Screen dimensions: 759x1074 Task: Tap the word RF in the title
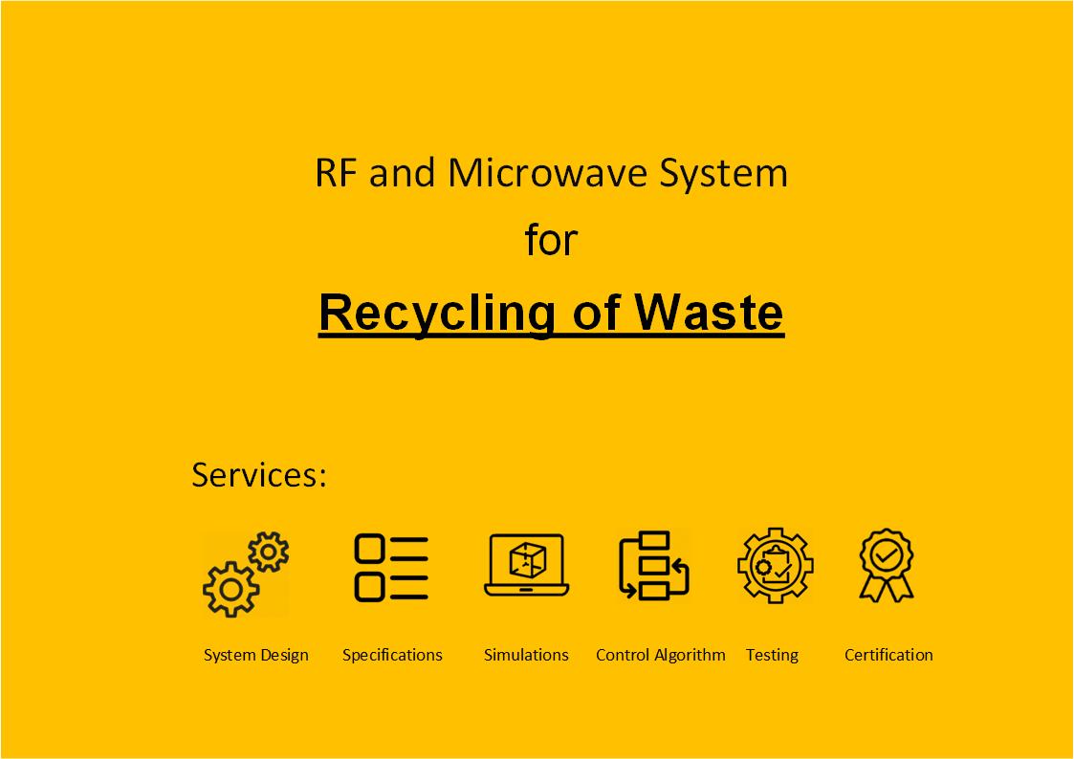pyautogui.click(x=336, y=174)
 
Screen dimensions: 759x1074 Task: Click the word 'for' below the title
pyautogui.click(x=551, y=241)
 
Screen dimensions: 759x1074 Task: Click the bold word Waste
pyautogui.click(x=709, y=313)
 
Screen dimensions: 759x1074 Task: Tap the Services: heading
pyautogui.click(x=259, y=475)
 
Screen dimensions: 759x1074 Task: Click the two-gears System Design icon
pyautogui.click(x=245, y=574)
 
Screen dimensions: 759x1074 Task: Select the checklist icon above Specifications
pyautogui.click(x=392, y=568)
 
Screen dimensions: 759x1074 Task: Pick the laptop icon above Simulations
pyautogui.click(x=526, y=565)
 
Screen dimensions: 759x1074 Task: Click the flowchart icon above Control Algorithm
pyautogui.click(x=655, y=565)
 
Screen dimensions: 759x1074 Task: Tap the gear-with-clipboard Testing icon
pyautogui.click(x=775, y=566)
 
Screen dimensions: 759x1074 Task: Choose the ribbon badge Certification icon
pyautogui.click(x=887, y=565)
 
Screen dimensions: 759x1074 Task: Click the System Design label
pyautogui.click(x=256, y=655)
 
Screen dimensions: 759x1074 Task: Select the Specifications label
pyautogui.click(x=392, y=655)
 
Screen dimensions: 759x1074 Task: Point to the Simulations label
pyautogui.click(x=526, y=655)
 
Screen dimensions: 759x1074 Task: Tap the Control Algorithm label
pyautogui.click(x=660, y=655)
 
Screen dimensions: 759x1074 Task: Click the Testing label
pyautogui.click(x=772, y=655)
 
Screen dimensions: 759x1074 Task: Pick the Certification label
pyautogui.click(x=888, y=655)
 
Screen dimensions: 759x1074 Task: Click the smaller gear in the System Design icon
pyautogui.click(x=269, y=552)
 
